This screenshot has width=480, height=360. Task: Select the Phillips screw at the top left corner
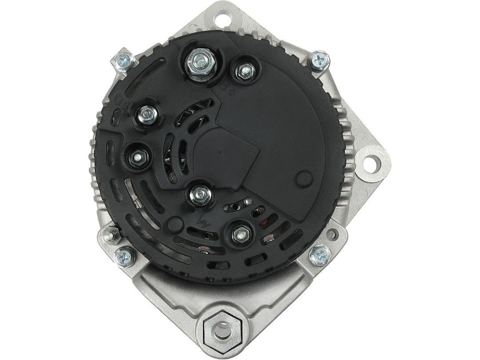pos(123,60)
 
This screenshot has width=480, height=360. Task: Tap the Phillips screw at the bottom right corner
pos(319,256)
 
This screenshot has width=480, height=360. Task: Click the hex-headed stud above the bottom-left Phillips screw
pos(109,234)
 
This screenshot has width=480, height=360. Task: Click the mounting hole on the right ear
pos(373,162)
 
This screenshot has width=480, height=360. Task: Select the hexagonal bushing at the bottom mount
pos(221,330)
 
